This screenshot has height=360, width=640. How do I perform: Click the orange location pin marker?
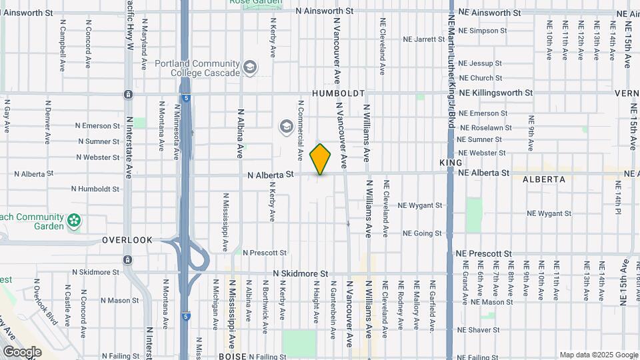(x=321, y=159)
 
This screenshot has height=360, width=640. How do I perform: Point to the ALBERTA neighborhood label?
(x=544, y=179)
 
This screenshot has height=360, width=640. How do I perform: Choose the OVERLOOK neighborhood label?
(x=127, y=239)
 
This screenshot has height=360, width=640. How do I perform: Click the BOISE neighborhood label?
(x=233, y=357)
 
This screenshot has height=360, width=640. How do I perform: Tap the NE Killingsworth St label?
(x=496, y=93)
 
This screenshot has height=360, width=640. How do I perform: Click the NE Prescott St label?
(x=485, y=254)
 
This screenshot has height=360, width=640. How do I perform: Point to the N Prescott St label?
(x=265, y=253)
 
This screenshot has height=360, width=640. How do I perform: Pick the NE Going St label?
(x=422, y=233)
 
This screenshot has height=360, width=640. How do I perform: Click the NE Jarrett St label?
(x=423, y=39)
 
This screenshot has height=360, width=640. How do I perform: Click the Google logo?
(x=22, y=351)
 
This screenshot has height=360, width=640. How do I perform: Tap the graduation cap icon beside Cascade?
(x=250, y=67)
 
